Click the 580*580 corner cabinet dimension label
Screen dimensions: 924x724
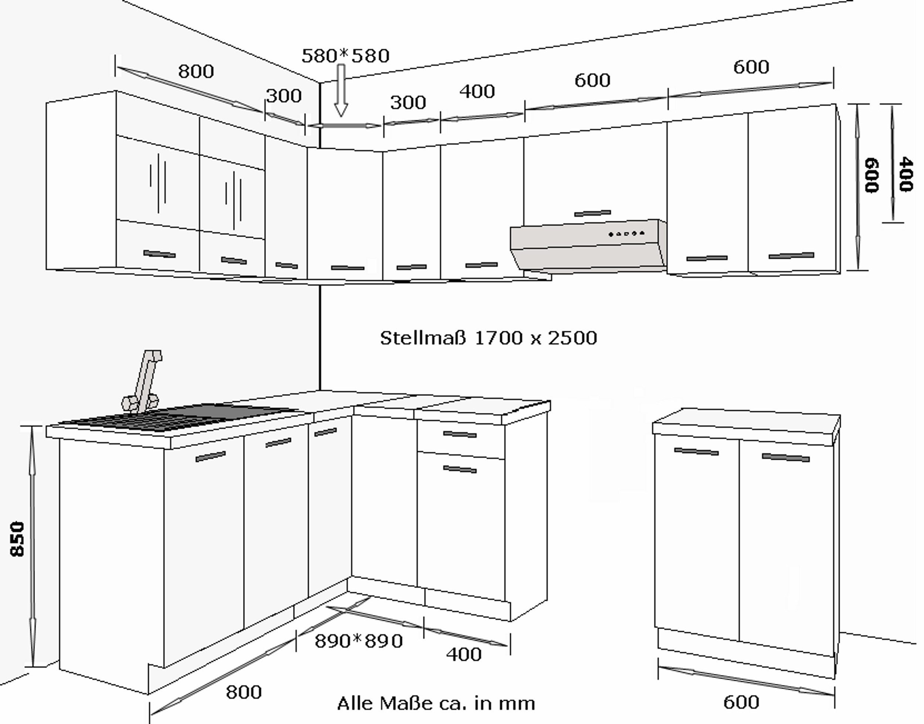coord(346,55)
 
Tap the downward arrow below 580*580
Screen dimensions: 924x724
coord(341,90)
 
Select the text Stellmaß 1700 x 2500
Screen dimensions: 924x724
coord(488,338)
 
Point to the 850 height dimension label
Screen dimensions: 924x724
coord(17,538)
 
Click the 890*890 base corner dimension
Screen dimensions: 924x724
coord(359,641)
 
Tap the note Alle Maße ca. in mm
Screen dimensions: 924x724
coord(436,703)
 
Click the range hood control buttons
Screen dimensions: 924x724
coord(626,234)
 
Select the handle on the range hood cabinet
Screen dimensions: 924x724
coord(592,213)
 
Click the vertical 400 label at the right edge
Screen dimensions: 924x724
coord(906,174)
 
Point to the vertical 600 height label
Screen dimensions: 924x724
coord(872,175)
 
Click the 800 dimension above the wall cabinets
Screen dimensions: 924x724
coord(196,71)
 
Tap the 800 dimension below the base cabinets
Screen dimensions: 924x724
coord(244,692)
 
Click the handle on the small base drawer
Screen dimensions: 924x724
coord(460,434)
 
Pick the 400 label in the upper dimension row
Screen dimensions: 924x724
coord(477,92)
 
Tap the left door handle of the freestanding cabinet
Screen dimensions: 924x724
coord(696,452)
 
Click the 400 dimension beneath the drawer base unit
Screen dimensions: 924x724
coord(464,655)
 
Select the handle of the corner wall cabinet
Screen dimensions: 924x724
coord(347,268)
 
